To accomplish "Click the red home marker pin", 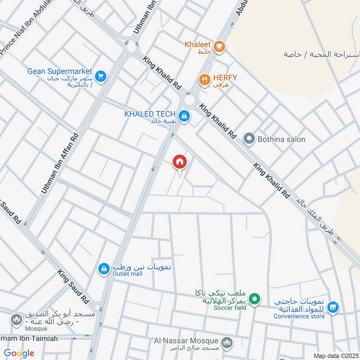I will [x=180, y=162].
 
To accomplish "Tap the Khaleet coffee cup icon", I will [x=219, y=46].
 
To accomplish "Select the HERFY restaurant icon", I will [x=205, y=80].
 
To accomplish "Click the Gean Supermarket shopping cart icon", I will [x=101, y=76].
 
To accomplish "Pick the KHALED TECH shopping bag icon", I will [x=184, y=117].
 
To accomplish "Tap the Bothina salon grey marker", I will [x=248, y=139].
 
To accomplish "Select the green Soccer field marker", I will [x=255, y=298].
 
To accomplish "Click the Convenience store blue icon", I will [x=333, y=308].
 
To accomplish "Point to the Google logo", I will [x=19, y=353].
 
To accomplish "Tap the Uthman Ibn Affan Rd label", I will [x=61, y=163].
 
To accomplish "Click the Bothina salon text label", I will [x=281, y=139].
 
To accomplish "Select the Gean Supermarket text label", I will [x=59, y=71].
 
